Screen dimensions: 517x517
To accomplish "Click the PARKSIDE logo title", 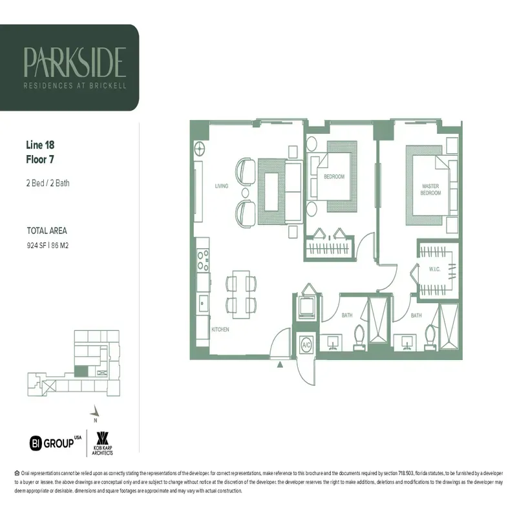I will [74, 62].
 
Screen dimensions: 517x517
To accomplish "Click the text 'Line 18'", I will [41, 145].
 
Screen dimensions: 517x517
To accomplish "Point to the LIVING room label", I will [222, 186].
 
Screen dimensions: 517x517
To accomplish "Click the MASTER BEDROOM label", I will [430, 189].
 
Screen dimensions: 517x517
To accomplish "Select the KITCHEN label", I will [220, 330].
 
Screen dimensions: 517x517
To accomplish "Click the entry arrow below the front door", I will [280, 365].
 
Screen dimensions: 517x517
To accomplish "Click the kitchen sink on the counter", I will [202, 300].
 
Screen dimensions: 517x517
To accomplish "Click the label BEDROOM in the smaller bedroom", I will [334, 176].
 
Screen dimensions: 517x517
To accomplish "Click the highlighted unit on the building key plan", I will [81, 372].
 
